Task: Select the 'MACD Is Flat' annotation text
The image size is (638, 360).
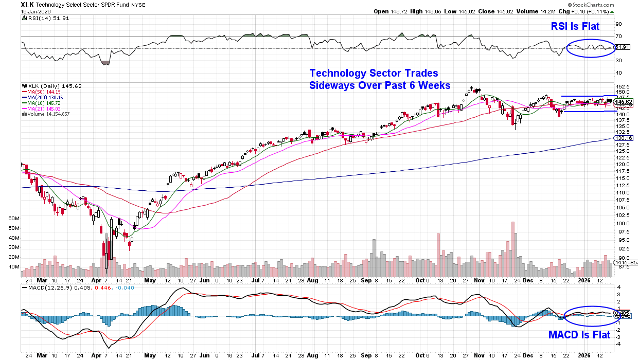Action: [x=579, y=335]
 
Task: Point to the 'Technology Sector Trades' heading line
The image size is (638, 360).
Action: [x=374, y=73]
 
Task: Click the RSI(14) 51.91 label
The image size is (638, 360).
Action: [x=41, y=18]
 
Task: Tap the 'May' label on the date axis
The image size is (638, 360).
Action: [x=150, y=282]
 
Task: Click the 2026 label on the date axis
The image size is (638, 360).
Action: [x=583, y=282]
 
